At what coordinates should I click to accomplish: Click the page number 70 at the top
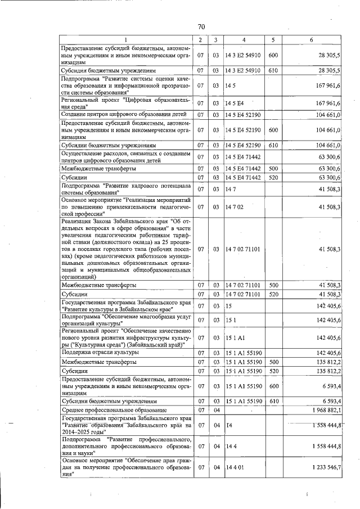tap(201, 27)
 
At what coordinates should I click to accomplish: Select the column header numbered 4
tap(244, 39)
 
